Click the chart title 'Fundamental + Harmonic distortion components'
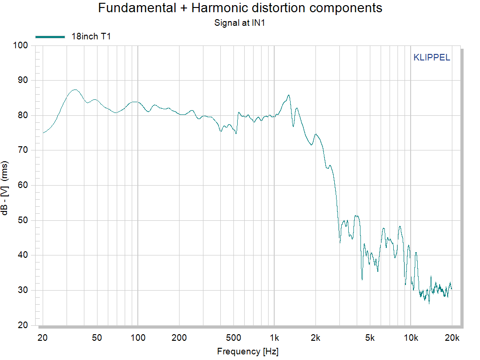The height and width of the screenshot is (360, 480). [x=240, y=8]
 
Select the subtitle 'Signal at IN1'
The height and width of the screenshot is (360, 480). [x=240, y=22]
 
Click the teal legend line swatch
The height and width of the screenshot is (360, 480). [x=50, y=37]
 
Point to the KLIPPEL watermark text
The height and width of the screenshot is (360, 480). [x=432, y=58]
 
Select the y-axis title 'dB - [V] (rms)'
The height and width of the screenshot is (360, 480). [x=5, y=186]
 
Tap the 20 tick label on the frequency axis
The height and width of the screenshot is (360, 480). [x=43, y=337]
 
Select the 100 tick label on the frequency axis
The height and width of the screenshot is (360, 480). [x=138, y=337]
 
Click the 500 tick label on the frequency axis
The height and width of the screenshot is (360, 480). [x=233, y=337]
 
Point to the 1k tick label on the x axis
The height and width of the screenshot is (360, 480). [x=274, y=337]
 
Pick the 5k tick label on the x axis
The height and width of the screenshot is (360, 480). [x=370, y=337]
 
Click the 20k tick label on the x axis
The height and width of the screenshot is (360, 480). [x=452, y=337]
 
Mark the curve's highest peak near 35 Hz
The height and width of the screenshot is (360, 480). [x=75, y=89]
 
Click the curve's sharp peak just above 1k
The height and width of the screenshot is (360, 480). [x=289, y=95]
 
